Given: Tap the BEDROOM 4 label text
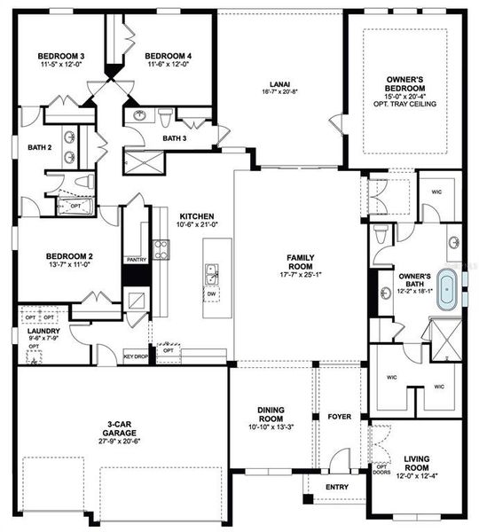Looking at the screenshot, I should tap(169, 56).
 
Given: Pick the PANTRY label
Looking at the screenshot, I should tap(136, 260).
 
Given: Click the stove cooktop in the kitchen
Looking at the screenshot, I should tap(161, 249).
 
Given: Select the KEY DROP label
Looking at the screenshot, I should tap(135, 356).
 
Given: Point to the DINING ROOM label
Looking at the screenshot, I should tap(270, 412).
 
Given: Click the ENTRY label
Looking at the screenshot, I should tap(336, 487).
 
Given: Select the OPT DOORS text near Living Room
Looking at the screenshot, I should tap(382, 470).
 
